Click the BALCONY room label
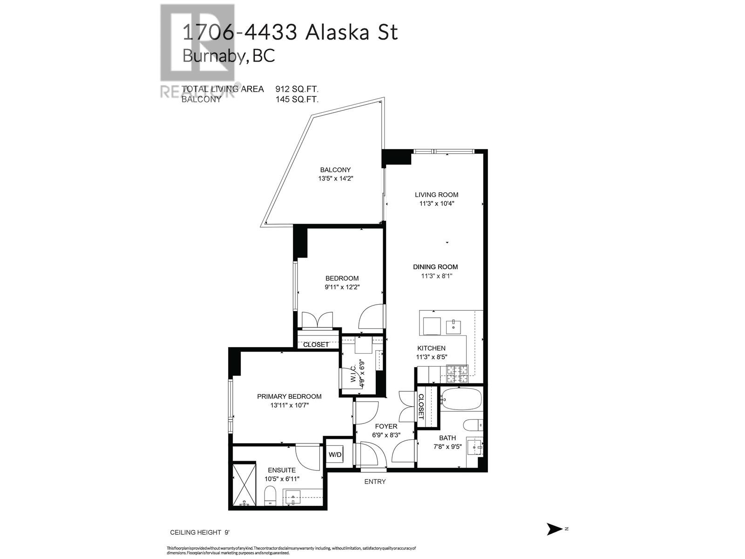click(x=335, y=170)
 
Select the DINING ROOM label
click(x=435, y=267)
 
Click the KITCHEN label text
click(x=431, y=348)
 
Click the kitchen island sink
click(x=453, y=327)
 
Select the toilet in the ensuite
click(x=270, y=496)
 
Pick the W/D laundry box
click(x=335, y=454)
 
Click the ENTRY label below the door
click(x=375, y=482)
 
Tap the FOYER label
click(x=386, y=426)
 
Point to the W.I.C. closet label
click(x=353, y=374)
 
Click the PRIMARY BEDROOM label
click(x=289, y=396)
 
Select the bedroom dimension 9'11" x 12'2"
click(x=342, y=287)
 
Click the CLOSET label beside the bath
click(x=421, y=406)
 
